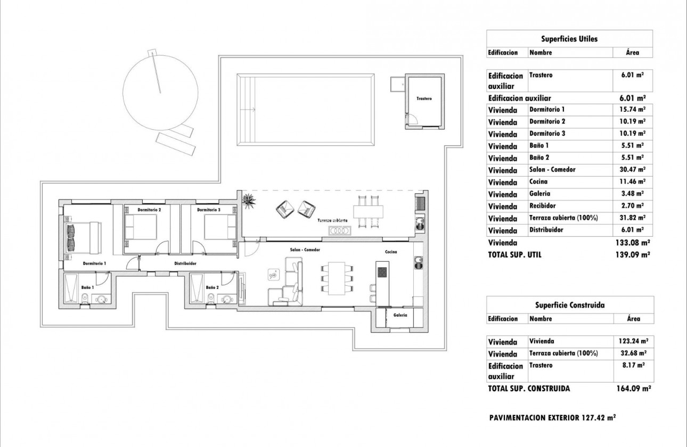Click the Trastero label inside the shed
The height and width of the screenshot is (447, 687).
424,99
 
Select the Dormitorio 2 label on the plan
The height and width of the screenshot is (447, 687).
149,210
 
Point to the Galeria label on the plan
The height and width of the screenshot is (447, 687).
400,315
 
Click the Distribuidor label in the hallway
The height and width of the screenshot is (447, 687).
186,263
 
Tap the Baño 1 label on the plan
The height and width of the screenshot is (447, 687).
88,287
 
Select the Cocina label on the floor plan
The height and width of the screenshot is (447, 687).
391,252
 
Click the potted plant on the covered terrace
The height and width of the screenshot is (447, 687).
249,201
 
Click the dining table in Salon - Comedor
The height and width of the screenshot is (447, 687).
336,278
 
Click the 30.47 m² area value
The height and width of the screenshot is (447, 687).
633,170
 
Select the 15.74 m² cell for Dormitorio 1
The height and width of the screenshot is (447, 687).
633,109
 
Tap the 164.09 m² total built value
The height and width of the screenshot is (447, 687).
633,388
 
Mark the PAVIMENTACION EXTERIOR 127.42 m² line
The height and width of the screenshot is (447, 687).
552,418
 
